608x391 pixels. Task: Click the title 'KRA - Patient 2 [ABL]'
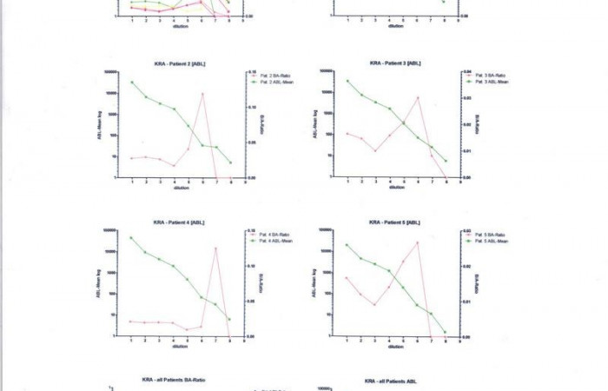[178, 63]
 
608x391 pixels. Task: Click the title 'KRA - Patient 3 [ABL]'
[395, 63]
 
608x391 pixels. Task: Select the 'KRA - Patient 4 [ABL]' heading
[178, 222]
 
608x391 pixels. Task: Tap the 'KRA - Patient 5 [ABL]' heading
[395, 222]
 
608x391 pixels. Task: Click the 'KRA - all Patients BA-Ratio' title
[174, 380]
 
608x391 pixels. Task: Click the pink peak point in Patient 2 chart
[202, 94]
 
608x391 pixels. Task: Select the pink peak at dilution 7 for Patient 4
[215, 249]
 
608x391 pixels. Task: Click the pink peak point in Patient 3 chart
[418, 97]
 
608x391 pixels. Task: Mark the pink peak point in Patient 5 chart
[418, 242]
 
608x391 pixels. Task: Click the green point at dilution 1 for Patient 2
[132, 82]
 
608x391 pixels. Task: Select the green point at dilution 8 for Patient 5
[446, 332]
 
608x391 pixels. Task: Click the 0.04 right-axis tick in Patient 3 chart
[466, 71]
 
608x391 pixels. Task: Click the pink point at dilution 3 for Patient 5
[375, 305]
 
